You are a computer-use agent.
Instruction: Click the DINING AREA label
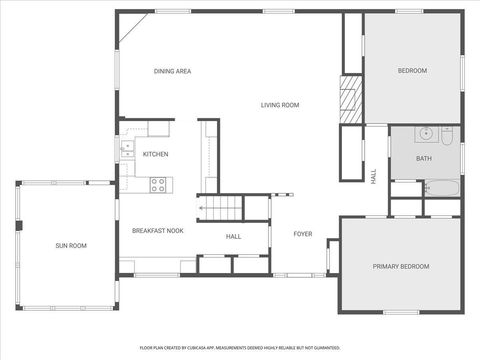coord(172,71)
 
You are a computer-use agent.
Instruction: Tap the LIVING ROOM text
coord(281,105)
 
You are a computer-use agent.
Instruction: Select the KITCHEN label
coord(155,154)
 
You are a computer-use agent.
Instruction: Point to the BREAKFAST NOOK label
coord(158,231)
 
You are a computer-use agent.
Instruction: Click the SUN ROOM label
coord(70,245)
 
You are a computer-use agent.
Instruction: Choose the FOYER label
coord(302,234)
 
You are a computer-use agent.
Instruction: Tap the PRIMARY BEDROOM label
coord(400,266)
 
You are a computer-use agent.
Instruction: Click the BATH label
coord(424,158)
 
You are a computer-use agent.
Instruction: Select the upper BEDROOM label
coord(412,71)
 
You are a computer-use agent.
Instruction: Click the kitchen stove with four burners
coord(158,184)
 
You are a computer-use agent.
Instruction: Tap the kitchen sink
coord(126,150)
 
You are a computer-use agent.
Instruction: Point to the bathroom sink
coord(425,132)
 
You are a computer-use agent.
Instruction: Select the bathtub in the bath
coord(441,188)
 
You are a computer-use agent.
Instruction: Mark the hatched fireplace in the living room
coord(349,101)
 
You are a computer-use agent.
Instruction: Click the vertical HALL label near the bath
coord(374,174)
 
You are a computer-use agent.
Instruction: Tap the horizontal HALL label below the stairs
coord(233,237)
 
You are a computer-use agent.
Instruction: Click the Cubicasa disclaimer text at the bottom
coord(240,348)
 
